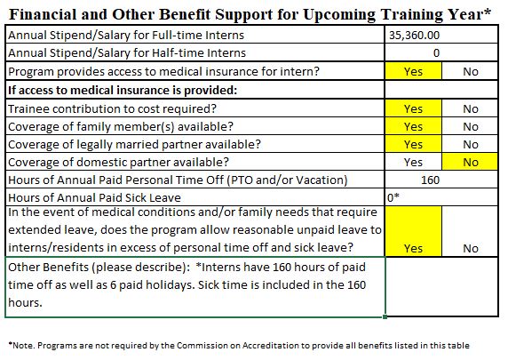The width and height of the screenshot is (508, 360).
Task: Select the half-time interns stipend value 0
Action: (436, 53)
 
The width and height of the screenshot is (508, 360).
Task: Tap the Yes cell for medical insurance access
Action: (413, 71)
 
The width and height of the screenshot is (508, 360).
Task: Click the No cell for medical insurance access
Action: (471, 71)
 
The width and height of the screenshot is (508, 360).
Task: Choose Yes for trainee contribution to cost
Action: (413, 108)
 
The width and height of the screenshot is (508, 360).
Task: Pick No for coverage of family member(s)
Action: (471, 126)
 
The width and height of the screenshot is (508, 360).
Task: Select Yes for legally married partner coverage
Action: (413, 144)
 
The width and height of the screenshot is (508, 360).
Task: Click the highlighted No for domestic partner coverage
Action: (471, 163)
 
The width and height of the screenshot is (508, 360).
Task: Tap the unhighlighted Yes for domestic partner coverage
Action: (413, 163)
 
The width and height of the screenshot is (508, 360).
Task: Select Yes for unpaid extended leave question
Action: (413, 249)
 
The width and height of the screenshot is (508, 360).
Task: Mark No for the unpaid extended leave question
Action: (471, 249)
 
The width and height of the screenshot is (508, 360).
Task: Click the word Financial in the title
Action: (51, 12)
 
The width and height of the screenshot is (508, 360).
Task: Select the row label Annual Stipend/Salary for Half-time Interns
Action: (124, 53)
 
